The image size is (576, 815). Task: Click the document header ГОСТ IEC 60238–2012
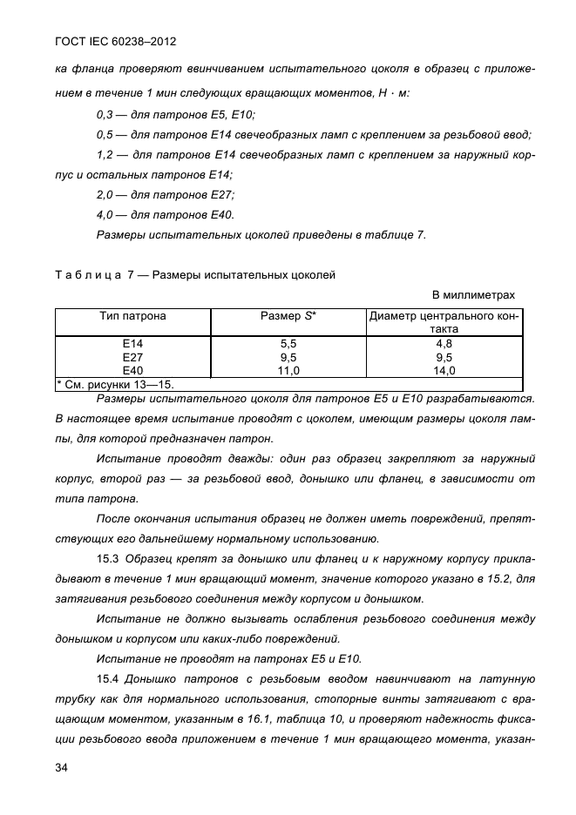pyautogui.click(x=109, y=41)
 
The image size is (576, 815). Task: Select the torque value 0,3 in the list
pyautogui.click(x=105, y=115)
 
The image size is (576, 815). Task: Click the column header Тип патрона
pyautogui.click(x=132, y=316)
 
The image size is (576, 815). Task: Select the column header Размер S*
pyautogui.click(x=288, y=316)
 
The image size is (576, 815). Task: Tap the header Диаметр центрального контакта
pyautogui.click(x=444, y=323)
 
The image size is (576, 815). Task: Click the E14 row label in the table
pyautogui.click(x=132, y=345)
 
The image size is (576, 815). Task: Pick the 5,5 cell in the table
pyautogui.click(x=288, y=345)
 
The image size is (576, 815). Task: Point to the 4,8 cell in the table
pyautogui.click(x=444, y=345)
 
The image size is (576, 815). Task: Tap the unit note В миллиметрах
pyautogui.click(x=473, y=295)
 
